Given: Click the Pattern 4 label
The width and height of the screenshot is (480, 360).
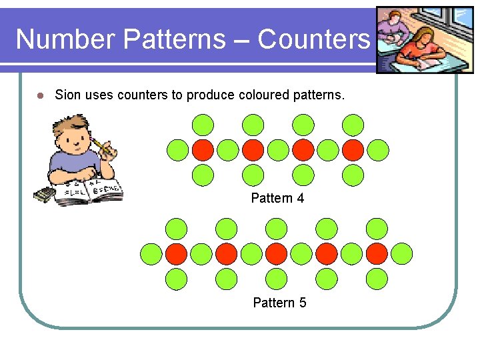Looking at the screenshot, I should click(x=277, y=198).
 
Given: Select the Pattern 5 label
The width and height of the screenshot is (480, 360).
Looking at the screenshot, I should click(x=279, y=303).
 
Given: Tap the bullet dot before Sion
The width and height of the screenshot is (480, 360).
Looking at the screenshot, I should click(x=39, y=95).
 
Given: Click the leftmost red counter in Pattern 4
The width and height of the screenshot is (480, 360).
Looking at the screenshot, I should click(x=203, y=150).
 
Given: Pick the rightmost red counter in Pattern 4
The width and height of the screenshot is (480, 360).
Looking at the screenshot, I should click(x=353, y=150).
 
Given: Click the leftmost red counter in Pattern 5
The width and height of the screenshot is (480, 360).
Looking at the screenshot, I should click(x=177, y=253).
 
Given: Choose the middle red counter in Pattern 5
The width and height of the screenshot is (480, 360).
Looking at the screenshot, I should click(x=277, y=253).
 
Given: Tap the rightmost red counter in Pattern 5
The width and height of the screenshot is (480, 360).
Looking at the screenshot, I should click(x=377, y=253).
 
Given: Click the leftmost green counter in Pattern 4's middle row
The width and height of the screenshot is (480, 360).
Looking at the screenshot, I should click(x=177, y=150).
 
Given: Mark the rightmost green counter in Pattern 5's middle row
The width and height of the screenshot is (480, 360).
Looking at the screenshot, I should click(x=402, y=253).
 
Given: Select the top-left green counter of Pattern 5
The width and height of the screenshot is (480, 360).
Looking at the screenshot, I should click(x=177, y=229).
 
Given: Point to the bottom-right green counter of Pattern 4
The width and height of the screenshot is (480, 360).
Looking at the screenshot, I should click(x=353, y=175).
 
